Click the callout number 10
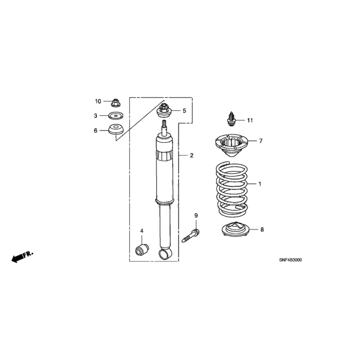(x=98, y=101)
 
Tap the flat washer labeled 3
(x=115, y=116)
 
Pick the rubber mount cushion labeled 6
(x=116, y=129)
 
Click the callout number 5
(x=184, y=111)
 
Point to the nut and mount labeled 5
(x=164, y=111)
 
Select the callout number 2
(x=192, y=155)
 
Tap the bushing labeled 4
(x=142, y=250)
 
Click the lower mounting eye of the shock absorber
(x=165, y=254)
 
